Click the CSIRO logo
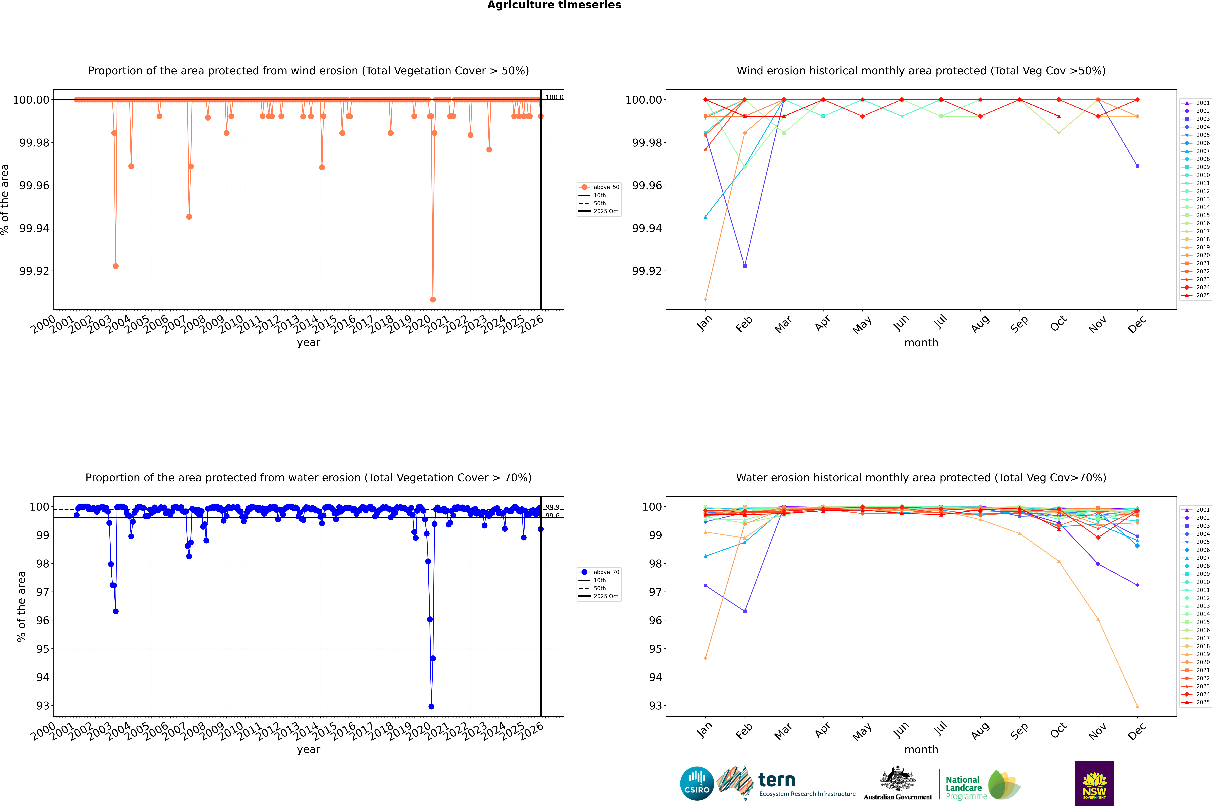coord(697,783)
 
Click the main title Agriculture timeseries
coord(554,5)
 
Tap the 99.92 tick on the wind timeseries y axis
coord(34,271)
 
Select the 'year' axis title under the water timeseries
coord(308,749)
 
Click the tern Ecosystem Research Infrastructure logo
coord(786,783)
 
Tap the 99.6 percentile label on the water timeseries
coord(552,516)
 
